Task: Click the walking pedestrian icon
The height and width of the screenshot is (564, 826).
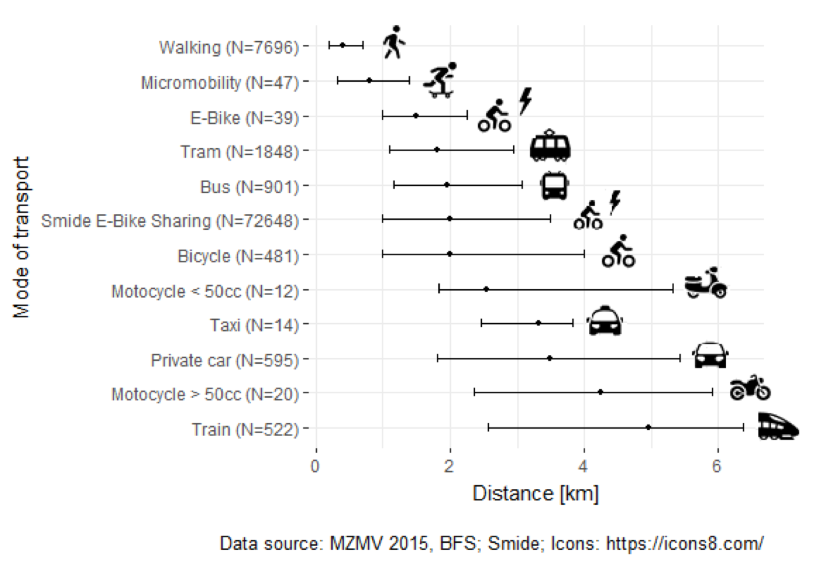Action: click(x=394, y=42)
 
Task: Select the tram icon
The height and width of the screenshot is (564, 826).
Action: click(x=550, y=146)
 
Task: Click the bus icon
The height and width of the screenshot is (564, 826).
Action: click(x=554, y=185)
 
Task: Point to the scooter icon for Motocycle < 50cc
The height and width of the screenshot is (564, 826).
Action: click(x=706, y=283)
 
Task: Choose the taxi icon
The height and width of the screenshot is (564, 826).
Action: click(x=604, y=321)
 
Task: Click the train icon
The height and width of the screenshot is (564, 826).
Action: click(x=777, y=426)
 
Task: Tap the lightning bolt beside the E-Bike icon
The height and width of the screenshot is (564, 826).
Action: click(x=525, y=101)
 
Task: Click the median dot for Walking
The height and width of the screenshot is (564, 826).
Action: click(x=343, y=45)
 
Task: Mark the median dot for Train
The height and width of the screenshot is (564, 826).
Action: click(x=648, y=427)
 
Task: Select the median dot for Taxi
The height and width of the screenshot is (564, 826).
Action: click(x=538, y=323)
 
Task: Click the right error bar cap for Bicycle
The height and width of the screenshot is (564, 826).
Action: click(x=584, y=253)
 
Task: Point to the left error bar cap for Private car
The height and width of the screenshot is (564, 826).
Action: click(x=438, y=358)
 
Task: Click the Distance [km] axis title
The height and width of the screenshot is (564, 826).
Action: click(x=535, y=493)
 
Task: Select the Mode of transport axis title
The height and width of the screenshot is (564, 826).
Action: click(x=22, y=237)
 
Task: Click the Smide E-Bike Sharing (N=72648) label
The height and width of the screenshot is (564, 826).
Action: click(x=170, y=221)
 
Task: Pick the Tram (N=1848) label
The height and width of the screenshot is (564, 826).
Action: click(x=239, y=152)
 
